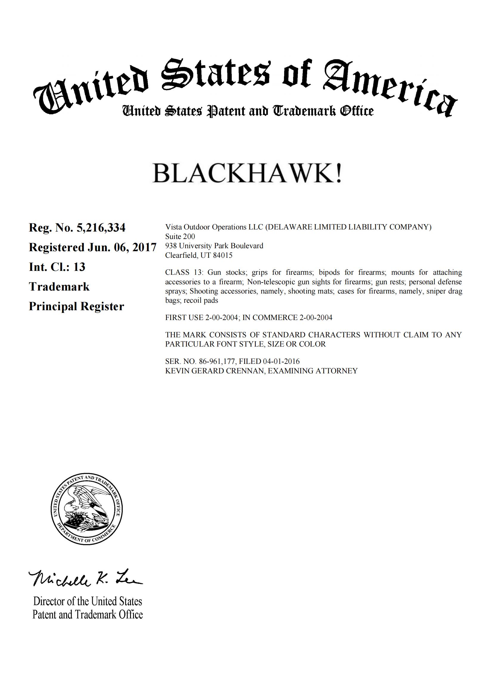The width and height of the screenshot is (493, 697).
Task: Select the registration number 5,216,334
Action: (101, 227)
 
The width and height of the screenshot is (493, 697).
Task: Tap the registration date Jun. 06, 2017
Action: (122, 247)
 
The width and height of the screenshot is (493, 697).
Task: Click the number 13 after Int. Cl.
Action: (79, 267)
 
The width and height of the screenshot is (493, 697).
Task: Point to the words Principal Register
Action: (76, 306)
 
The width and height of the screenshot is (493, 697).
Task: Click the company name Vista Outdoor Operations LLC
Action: (214, 227)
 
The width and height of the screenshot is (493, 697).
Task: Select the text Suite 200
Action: (180, 236)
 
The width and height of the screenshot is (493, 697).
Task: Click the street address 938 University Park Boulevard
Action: (214, 246)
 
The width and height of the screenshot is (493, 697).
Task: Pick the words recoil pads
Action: (201, 301)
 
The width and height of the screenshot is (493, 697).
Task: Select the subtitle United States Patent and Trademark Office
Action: (248, 111)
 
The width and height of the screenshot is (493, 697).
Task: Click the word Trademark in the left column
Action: (59, 287)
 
